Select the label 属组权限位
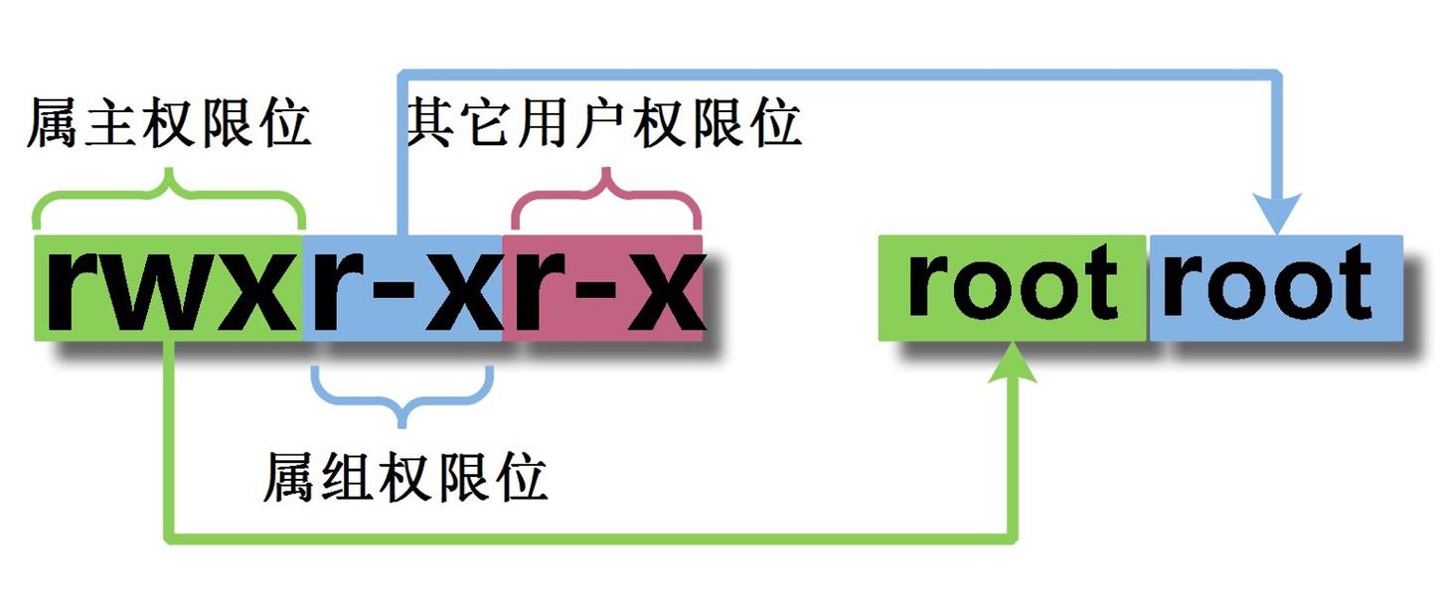pos(404,478)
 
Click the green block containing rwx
pos(169,288)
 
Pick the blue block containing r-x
pos(402,288)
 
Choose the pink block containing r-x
pos(603,288)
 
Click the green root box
pos(1012,288)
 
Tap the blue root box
pos(1275,288)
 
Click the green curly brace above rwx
pos(169,199)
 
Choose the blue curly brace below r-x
pos(402,397)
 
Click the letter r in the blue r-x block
pos(333,290)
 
